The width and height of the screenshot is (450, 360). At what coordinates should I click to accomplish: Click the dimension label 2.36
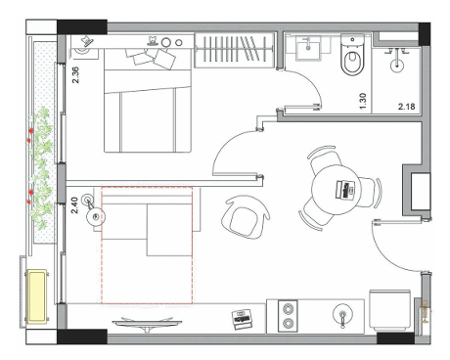tap(75, 75)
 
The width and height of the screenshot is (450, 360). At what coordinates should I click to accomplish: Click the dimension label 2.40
tap(74, 204)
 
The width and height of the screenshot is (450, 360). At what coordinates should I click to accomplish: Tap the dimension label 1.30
tap(363, 102)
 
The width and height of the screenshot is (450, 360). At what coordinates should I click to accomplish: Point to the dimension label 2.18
tap(406, 107)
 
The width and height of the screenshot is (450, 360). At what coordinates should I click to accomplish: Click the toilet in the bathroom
tap(352, 55)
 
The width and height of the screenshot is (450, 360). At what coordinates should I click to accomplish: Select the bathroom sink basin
tap(308, 48)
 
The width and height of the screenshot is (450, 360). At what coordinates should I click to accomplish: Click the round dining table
tap(335, 190)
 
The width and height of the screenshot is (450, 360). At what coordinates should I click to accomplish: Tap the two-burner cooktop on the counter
tap(288, 316)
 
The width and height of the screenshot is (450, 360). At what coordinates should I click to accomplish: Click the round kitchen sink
tap(342, 316)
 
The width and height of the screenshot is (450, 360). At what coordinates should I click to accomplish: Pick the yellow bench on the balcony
tap(36, 296)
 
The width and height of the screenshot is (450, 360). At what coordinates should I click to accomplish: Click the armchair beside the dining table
tap(246, 217)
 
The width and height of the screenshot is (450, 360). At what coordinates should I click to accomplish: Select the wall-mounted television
tap(147, 322)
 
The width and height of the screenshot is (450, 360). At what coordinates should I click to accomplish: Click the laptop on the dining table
tap(345, 189)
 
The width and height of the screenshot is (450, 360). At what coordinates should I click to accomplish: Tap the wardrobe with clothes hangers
tap(234, 50)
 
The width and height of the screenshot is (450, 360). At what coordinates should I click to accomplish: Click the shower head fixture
tap(397, 61)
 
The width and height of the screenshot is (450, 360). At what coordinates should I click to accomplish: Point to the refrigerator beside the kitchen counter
tap(389, 309)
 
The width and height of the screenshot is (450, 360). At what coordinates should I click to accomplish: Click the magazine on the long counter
tap(242, 319)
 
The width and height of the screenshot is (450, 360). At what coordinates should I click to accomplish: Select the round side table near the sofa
tap(96, 216)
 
